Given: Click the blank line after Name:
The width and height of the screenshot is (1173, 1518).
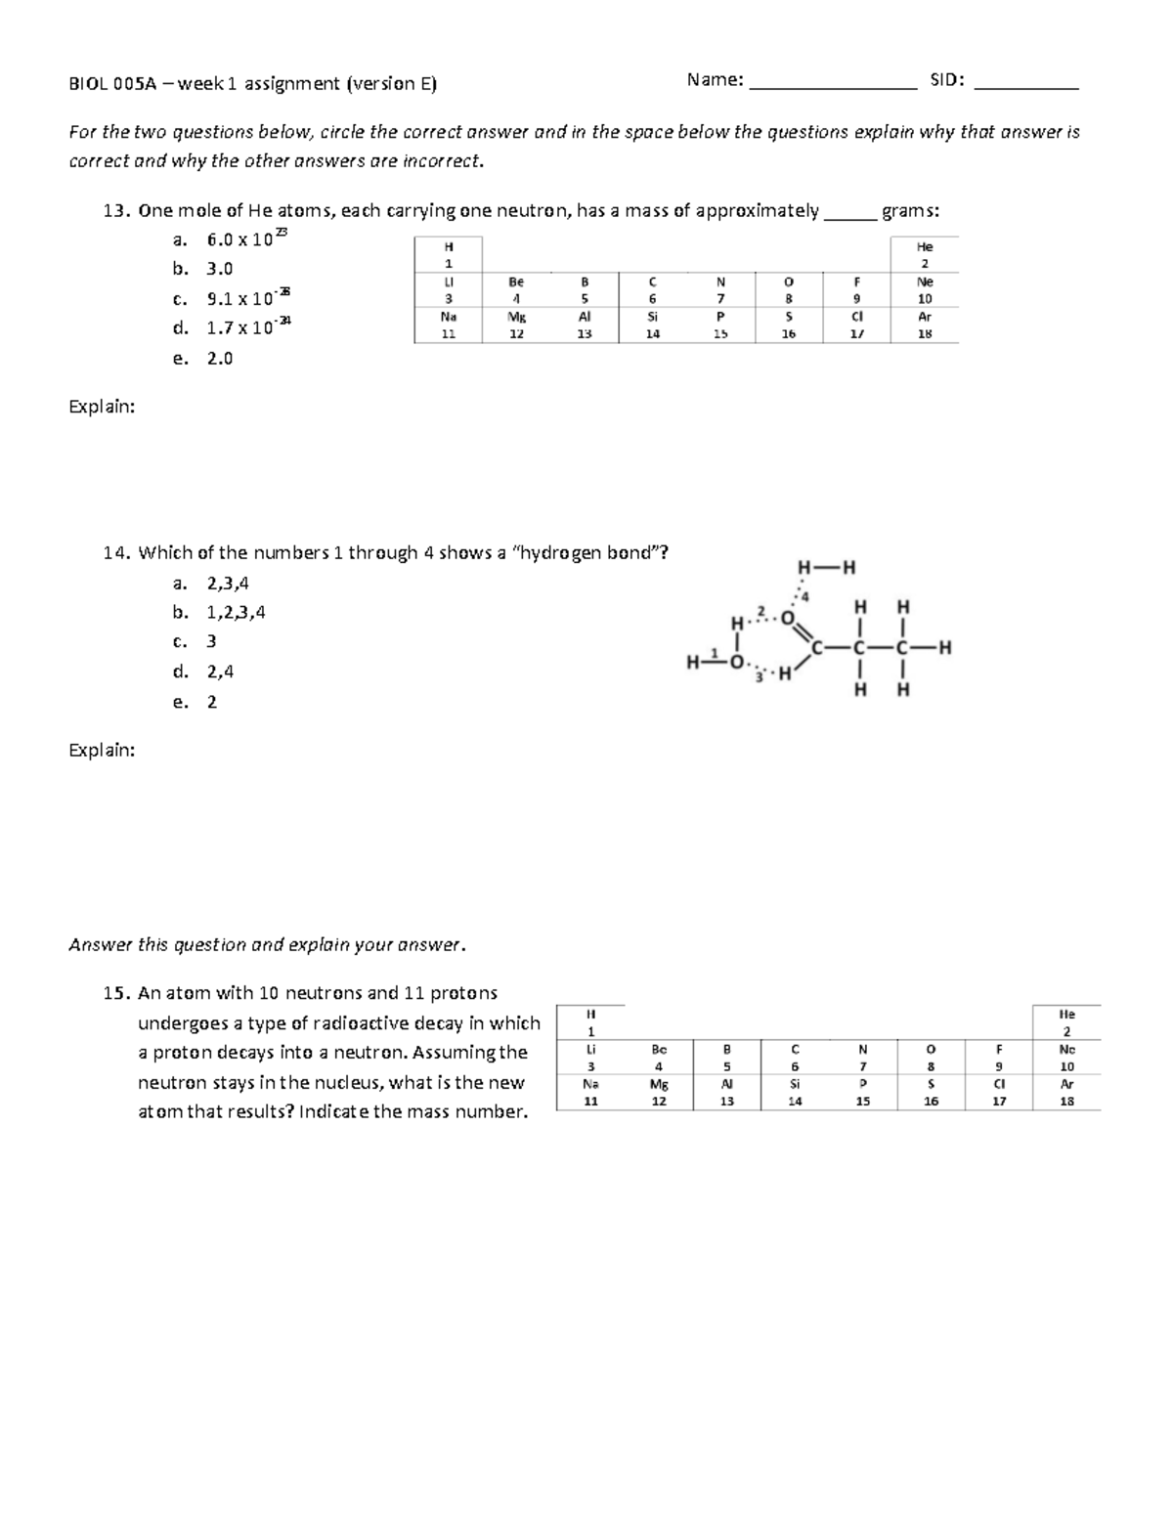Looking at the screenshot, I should [x=832, y=86].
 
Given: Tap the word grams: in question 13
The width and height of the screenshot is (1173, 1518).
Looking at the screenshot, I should [x=910, y=210].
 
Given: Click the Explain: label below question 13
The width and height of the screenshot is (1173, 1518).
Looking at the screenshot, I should [x=102, y=407].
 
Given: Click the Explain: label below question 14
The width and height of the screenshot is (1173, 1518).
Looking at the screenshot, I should [x=102, y=750].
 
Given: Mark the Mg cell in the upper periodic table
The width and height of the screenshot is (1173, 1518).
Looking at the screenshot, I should [x=516, y=325].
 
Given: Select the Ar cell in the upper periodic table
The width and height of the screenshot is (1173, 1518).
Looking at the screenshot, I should [x=925, y=325].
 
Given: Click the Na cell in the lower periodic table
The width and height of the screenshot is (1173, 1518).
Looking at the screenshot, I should [x=589, y=1092].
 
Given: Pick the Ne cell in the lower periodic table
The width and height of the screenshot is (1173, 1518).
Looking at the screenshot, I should [x=1066, y=1058].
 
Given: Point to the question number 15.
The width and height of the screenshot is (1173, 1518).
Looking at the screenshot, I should [x=115, y=993].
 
